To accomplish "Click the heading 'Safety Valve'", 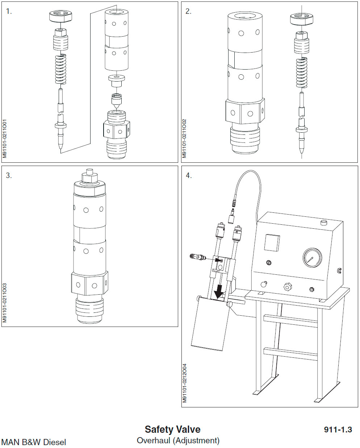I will pyautogui.click(x=172, y=429).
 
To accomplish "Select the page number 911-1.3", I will pyautogui.click(x=338, y=430).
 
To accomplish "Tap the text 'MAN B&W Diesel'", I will pyautogui.click(x=34, y=442).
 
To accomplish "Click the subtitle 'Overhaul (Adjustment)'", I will pyautogui.click(x=178, y=440).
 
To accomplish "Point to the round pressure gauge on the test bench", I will pyautogui.click(x=313, y=258).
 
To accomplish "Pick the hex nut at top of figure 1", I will pyautogui.click(x=60, y=16).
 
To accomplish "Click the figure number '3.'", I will pyautogui.click(x=9, y=176).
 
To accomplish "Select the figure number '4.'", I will pyautogui.click(x=188, y=176).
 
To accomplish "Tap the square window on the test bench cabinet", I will pyautogui.click(x=272, y=242).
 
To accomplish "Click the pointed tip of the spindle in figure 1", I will pyautogui.click(x=61, y=148).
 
